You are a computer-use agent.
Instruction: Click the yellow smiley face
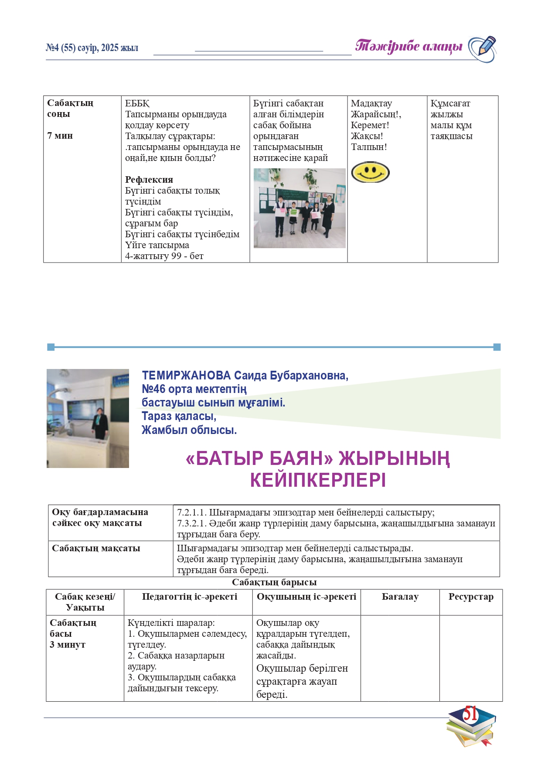tap(370, 172)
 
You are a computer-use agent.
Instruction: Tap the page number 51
tap(470, 714)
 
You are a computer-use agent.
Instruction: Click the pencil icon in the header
tap(483, 48)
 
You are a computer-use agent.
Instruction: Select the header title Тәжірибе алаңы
tap(408, 46)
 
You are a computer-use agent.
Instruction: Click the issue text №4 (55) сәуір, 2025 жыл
tap(92, 48)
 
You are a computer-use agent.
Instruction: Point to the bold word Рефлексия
tap(149, 180)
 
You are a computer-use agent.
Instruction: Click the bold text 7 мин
tap(60, 136)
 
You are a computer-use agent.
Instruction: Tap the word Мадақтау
tap(371, 103)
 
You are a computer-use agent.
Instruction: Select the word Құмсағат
tap(450, 103)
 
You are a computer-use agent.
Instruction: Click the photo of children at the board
tap(299, 208)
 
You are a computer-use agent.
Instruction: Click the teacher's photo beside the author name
tap(88, 418)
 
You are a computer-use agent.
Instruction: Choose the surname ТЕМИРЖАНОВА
tap(186, 376)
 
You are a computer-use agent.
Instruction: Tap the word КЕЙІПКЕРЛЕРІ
tap(318, 481)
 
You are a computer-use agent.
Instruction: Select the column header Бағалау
tap(400, 597)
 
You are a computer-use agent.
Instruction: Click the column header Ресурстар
tap(471, 597)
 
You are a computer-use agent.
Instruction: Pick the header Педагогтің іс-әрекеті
tap(190, 597)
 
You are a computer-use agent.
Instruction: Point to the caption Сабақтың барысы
tap(274, 583)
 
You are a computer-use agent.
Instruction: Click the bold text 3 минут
tap(68, 645)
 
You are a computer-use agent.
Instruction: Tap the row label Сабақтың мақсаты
tap(96, 548)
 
